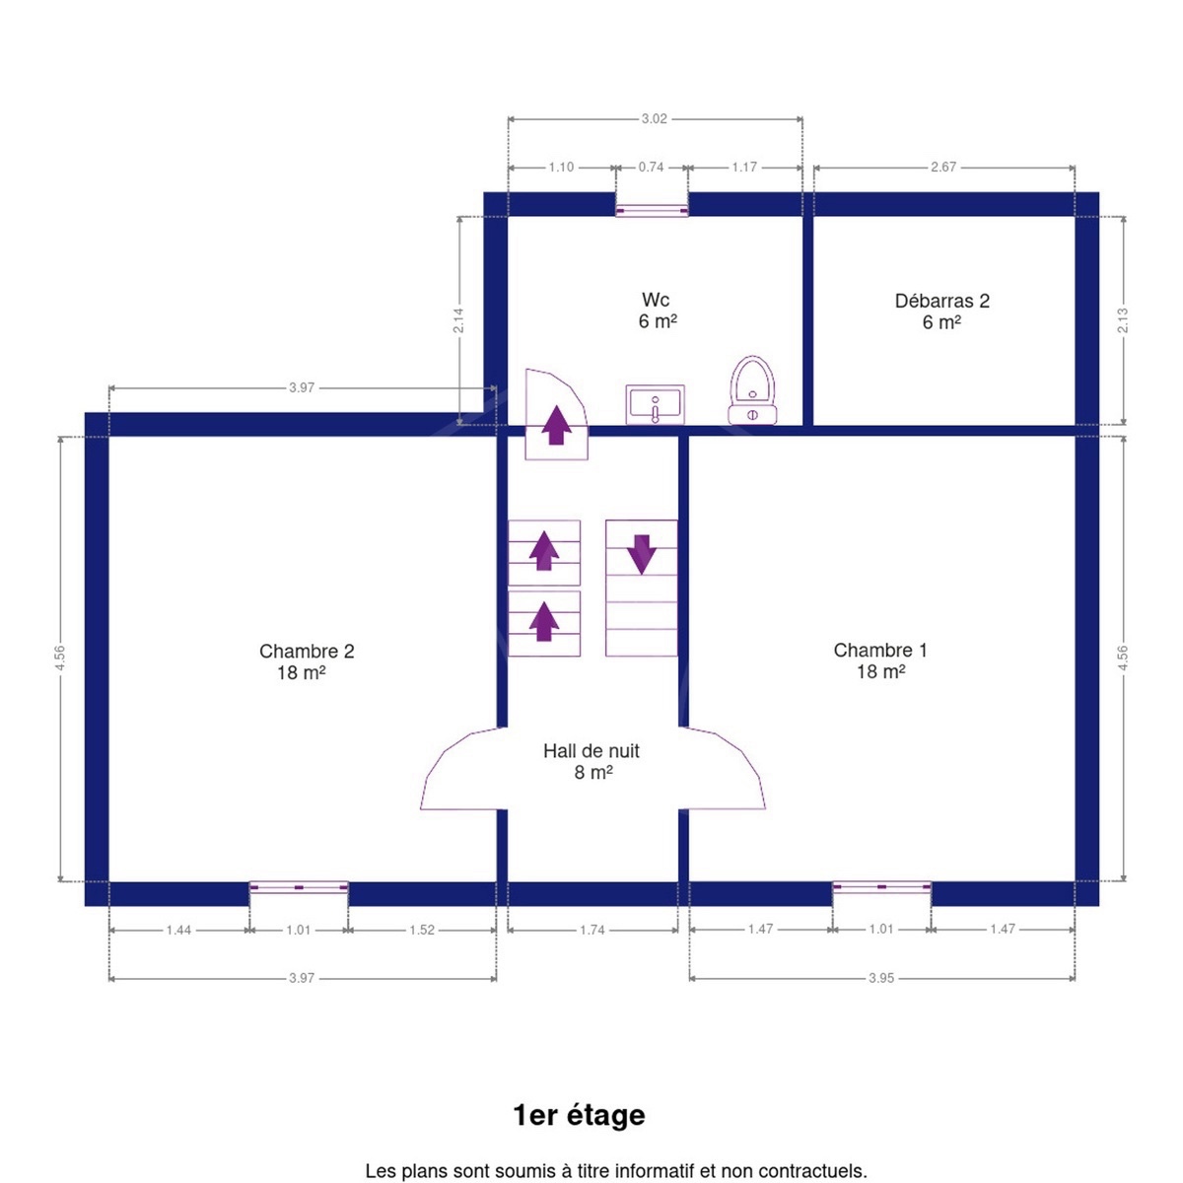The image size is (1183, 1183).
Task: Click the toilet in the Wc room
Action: [x=752, y=390]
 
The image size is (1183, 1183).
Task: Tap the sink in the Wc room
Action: [x=655, y=404]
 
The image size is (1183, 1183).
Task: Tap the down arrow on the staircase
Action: [x=642, y=554]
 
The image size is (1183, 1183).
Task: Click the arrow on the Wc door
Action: [x=556, y=425]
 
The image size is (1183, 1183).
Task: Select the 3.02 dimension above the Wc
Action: [x=655, y=119]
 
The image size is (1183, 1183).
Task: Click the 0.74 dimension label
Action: [x=651, y=167]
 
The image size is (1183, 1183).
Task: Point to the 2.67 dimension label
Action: [x=943, y=167]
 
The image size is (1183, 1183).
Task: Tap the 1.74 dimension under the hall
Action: [x=592, y=930]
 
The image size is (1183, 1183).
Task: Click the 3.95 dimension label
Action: [x=881, y=978]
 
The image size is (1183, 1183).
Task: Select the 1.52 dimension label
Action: [x=422, y=930]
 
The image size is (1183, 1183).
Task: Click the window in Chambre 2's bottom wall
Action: [x=299, y=887]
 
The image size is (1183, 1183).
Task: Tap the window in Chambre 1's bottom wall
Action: [x=881, y=887]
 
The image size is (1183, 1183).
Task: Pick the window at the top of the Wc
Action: [x=652, y=211]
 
